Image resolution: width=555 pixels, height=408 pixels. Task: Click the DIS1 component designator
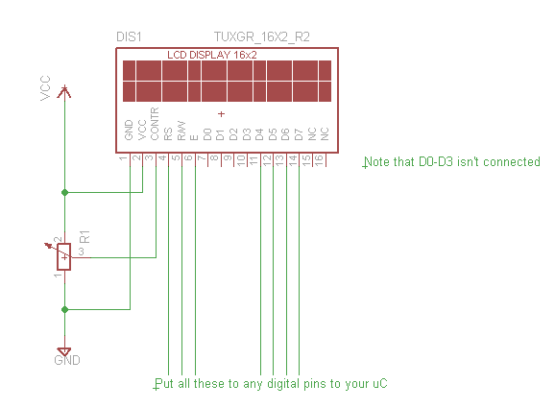click(x=129, y=36)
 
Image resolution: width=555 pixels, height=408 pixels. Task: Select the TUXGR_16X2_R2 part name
click(x=262, y=36)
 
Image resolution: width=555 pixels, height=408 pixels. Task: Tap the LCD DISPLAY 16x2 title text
click(x=211, y=55)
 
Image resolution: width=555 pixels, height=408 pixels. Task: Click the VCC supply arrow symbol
click(x=64, y=91)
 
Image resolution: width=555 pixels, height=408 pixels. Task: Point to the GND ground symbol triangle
click(x=64, y=351)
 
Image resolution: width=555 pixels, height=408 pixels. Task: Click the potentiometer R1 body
click(x=64, y=257)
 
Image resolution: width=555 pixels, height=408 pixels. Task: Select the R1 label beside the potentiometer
click(x=84, y=236)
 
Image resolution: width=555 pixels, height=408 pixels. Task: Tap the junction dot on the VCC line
click(x=64, y=193)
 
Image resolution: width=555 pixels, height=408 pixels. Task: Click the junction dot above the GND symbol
click(x=64, y=310)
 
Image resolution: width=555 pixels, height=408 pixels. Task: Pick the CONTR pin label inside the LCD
click(x=155, y=124)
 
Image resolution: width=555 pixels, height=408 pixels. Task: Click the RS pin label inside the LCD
click(x=168, y=134)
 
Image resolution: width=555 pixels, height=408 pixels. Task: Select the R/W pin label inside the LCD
click(x=181, y=131)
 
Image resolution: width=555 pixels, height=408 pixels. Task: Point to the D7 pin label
click(x=299, y=134)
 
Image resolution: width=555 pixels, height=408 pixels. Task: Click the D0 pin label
click(x=207, y=134)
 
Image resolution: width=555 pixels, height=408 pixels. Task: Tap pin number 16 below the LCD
click(x=319, y=160)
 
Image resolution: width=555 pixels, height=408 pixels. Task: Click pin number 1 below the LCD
click(x=123, y=158)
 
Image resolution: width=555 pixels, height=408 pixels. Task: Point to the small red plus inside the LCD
click(x=221, y=114)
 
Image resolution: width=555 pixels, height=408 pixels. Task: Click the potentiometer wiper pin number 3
click(x=82, y=252)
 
